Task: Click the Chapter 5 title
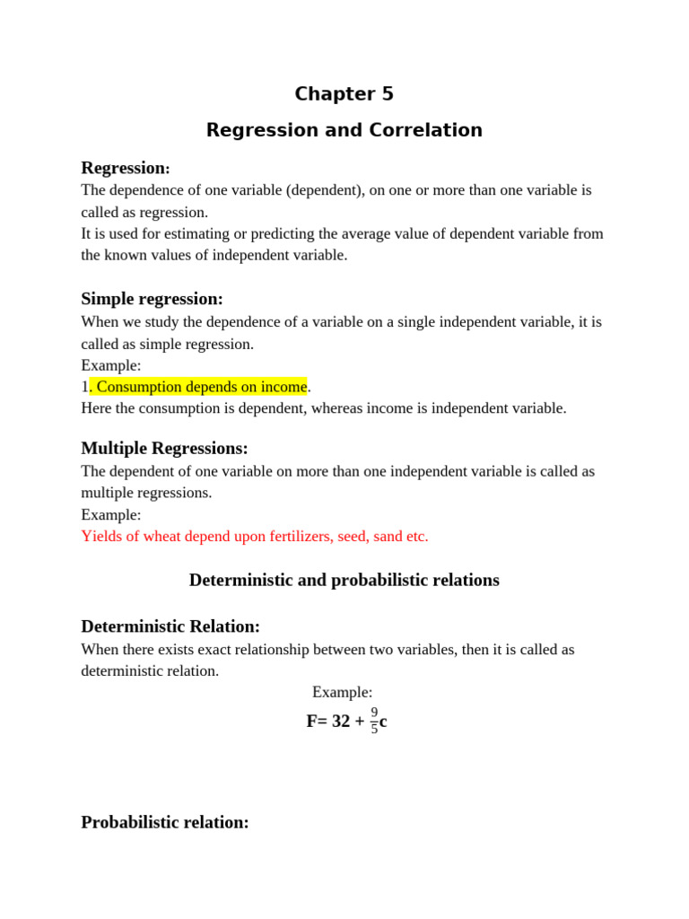[x=344, y=94]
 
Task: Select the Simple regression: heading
[x=152, y=299]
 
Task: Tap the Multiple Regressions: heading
[x=164, y=448]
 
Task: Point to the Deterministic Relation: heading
[x=170, y=626]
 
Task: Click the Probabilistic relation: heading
[x=165, y=822]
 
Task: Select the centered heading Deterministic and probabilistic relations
[x=344, y=580]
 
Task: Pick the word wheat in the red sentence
[x=155, y=537]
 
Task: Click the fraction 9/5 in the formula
[x=374, y=721]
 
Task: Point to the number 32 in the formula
[x=341, y=722]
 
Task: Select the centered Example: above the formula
[x=342, y=692]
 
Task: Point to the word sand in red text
[x=386, y=537]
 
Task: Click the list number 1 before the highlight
[x=84, y=387]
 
